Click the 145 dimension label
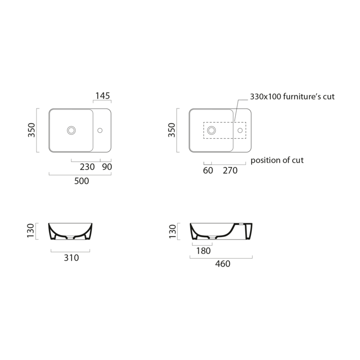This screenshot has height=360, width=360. point(103,96)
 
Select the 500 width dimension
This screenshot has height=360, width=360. point(82,181)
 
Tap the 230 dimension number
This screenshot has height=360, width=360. point(87,167)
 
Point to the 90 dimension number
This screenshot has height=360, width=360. point(107,167)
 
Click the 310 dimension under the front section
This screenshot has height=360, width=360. point(72,258)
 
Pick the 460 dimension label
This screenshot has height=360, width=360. point(223,264)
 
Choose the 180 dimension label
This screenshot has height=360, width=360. point(204,251)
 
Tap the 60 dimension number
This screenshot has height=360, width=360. point(208,170)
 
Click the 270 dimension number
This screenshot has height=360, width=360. point(230,170)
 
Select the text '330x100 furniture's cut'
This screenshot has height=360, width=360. point(292,96)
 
